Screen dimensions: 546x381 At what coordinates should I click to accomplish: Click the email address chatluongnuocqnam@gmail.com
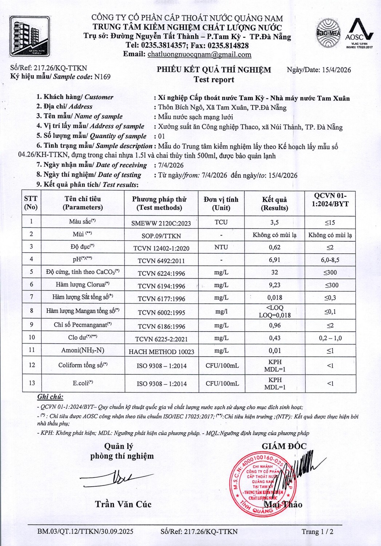[199, 55]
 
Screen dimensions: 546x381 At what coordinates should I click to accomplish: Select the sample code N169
[102, 77]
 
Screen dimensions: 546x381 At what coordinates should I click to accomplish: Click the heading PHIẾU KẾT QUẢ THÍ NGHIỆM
[214, 70]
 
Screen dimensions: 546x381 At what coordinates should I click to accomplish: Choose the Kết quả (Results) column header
[274, 203]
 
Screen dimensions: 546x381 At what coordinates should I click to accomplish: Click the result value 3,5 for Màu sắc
[274, 222]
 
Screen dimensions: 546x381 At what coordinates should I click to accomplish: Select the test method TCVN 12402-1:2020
[161, 248]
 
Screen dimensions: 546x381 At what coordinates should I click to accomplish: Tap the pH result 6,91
[274, 260]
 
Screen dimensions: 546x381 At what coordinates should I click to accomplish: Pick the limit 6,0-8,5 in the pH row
[330, 260]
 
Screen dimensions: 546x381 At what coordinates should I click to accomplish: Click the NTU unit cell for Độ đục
[221, 247]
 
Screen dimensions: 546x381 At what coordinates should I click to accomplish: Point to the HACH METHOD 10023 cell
[161, 352]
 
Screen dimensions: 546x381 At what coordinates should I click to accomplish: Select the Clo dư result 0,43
[274, 338]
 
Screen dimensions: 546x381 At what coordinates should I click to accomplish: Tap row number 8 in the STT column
[32, 311]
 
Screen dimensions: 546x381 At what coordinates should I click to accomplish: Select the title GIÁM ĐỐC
[284, 446]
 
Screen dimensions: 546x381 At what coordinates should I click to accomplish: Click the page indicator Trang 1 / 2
[317, 531]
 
